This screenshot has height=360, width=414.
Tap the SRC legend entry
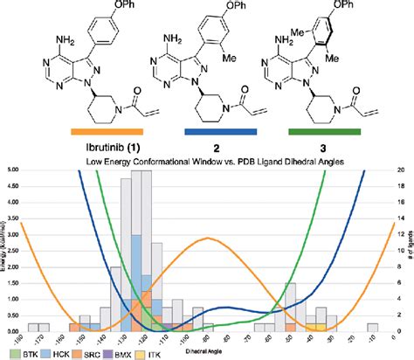pyautogui.click(x=95, y=353)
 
